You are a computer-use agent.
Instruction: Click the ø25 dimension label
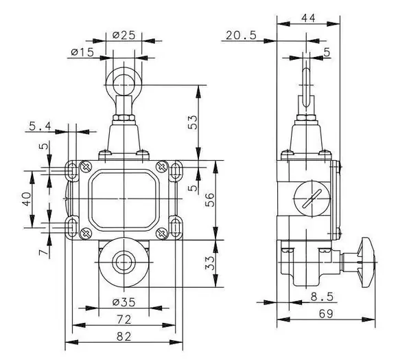pyautogui.click(x=124, y=35)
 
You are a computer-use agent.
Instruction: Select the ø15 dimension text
pyautogui.click(x=83, y=52)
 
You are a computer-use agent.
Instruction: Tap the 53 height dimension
pyautogui.click(x=193, y=122)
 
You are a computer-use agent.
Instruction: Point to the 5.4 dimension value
pyautogui.click(x=40, y=126)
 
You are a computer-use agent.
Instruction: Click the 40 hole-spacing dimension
pyautogui.click(x=26, y=199)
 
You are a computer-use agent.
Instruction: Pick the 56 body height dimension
pyautogui.click(x=210, y=200)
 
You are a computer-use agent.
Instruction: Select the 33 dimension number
pyautogui.click(x=210, y=263)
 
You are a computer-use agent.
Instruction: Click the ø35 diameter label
pyautogui.click(x=124, y=302)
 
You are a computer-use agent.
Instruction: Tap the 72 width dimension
pyautogui.click(x=124, y=319)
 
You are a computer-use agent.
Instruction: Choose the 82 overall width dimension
pyautogui.click(x=124, y=337)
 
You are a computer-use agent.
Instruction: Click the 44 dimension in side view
pyautogui.click(x=308, y=18)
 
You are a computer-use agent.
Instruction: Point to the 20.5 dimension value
pyautogui.click(x=241, y=35)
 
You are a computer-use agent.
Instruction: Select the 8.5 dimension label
pyautogui.click(x=322, y=297)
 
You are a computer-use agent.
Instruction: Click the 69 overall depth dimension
pyautogui.click(x=326, y=314)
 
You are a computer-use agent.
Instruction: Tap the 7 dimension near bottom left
pyautogui.click(x=43, y=252)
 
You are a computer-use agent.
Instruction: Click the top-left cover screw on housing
pyautogui.click(x=86, y=167)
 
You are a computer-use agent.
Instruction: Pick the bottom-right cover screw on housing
pyautogui.click(x=162, y=233)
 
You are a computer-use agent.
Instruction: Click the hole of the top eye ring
pyautogui.click(x=124, y=85)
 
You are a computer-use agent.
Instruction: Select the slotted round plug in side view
pyautogui.click(x=312, y=198)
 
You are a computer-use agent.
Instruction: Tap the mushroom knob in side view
pyautogui.click(x=367, y=262)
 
